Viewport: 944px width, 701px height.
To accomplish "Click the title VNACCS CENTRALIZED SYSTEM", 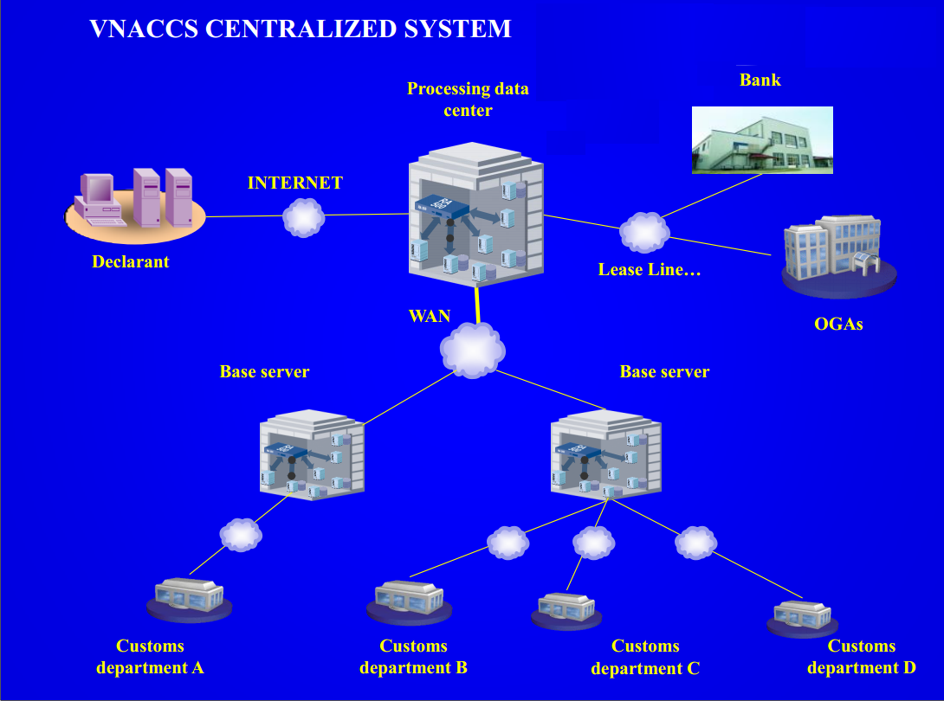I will tap(300, 29).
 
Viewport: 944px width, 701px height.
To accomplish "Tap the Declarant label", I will tap(130, 261).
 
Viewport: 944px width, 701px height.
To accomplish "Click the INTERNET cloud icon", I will tap(303, 217).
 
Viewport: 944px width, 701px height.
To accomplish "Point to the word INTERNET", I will tap(294, 183).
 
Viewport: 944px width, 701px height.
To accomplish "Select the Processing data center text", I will tap(468, 100).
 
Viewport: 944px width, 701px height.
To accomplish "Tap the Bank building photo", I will tap(762, 140).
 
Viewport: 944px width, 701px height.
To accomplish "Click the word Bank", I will tap(760, 80).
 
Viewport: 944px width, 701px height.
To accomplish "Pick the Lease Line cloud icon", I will tap(644, 231).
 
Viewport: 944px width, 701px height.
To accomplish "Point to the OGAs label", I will tap(838, 325).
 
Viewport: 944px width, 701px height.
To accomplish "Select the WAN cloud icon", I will tap(472, 350).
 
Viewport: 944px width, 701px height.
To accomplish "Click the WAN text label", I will tap(430, 315).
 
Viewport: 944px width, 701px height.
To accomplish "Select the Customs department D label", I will tap(861, 657).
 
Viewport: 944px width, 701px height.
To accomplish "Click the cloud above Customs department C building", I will tap(594, 543).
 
